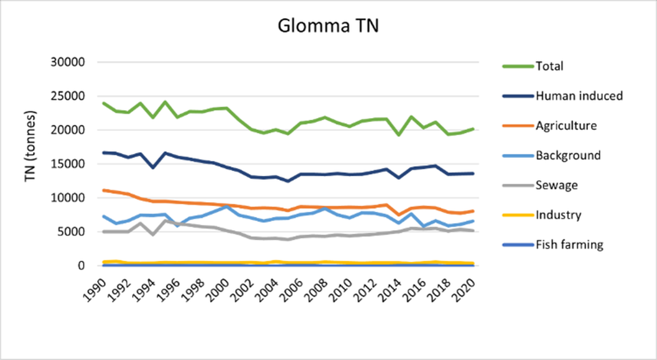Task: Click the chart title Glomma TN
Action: click(328, 26)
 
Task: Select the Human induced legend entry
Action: click(579, 96)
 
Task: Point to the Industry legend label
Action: click(558, 215)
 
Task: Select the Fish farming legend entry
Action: click(569, 245)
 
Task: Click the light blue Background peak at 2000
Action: click(226, 206)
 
